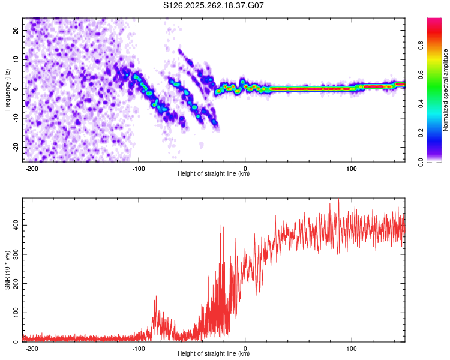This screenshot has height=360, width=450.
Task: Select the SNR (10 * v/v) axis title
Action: [x=7, y=270]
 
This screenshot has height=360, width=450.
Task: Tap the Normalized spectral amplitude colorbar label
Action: [x=445, y=90]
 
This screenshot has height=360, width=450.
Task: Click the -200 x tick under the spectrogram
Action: [x=32, y=168]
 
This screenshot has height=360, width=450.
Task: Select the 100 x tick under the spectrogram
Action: [x=352, y=168]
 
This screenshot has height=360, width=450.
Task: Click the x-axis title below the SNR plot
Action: [x=214, y=354]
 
